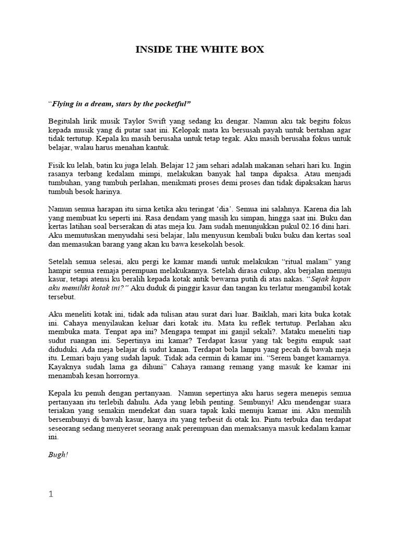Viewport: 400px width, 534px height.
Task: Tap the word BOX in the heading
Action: coord(252,50)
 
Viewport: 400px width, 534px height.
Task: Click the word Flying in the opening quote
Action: coord(64,104)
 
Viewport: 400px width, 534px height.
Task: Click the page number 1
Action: coord(51,495)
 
